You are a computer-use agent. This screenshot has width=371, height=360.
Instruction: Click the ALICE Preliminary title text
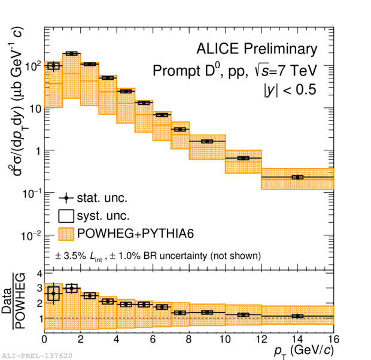(x=257, y=49)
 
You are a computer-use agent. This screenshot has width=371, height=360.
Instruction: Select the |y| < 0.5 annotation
(x=290, y=90)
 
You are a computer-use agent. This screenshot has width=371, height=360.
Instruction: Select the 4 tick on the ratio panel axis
(x=38, y=274)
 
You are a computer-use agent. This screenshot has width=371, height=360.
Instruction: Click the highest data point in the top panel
(x=72, y=53)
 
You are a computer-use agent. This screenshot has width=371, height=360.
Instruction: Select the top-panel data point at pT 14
(x=297, y=177)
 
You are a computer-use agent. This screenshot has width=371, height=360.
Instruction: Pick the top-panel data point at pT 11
(x=243, y=158)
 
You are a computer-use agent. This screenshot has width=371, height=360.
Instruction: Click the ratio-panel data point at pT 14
(x=297, y=316)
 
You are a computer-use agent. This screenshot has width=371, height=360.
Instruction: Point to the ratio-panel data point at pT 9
(x=207, y=313)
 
